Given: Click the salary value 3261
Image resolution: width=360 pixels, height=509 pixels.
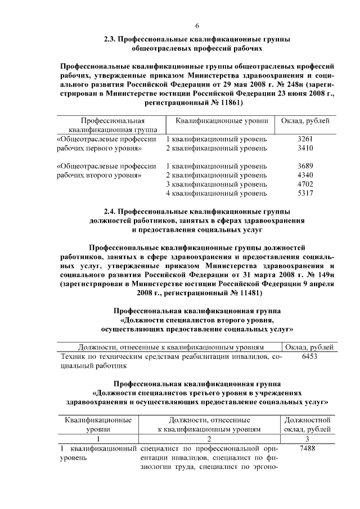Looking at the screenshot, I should (304, 138).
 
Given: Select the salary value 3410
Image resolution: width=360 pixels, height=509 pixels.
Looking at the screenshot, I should (304, 148).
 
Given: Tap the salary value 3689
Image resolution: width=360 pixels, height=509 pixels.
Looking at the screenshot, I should (304, 166).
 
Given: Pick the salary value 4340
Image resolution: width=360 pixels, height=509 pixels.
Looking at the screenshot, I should (304, 175).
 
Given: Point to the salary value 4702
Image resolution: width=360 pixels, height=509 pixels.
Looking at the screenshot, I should (304, 184).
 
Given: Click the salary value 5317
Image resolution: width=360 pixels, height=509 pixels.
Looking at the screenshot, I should (304, 193).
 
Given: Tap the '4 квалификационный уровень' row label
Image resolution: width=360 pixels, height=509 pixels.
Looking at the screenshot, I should (216, 193).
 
